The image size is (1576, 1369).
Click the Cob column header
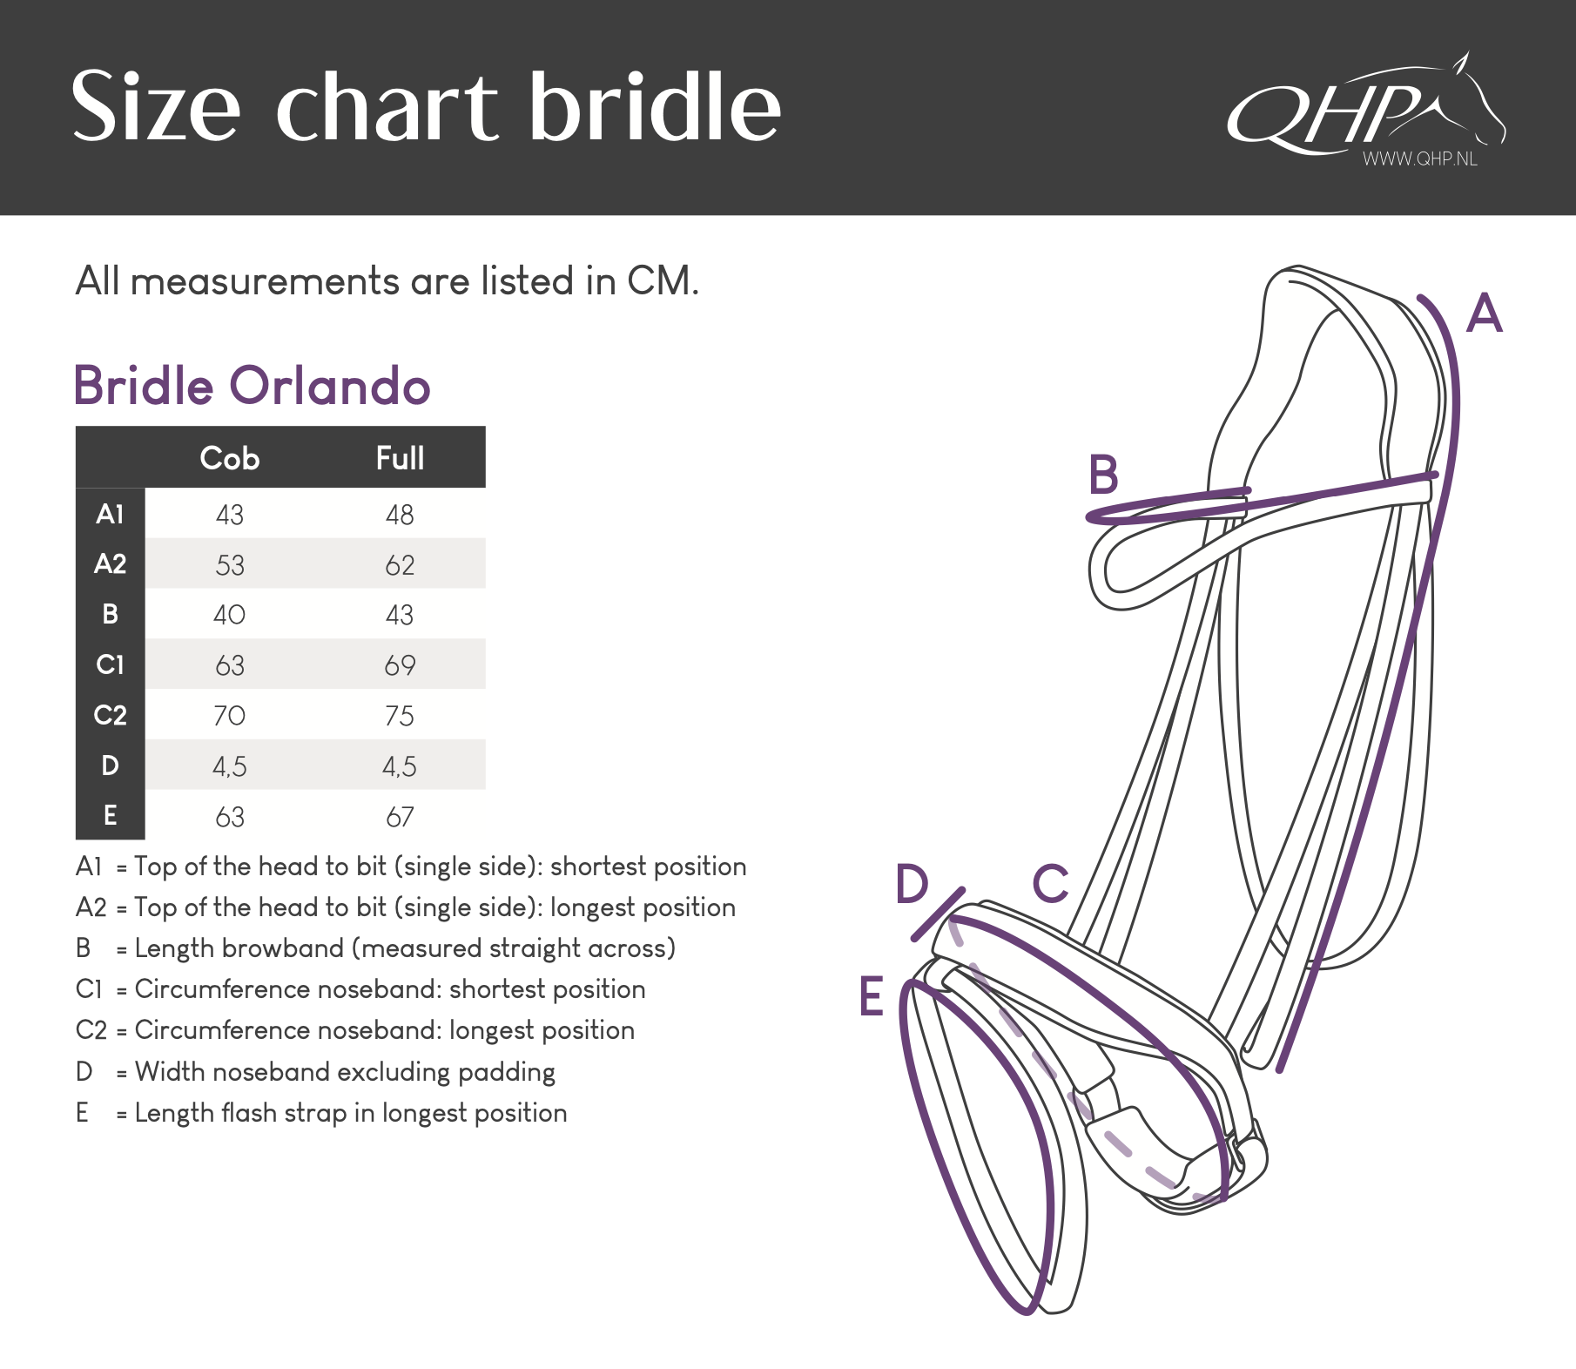[230, 458]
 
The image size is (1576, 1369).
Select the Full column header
[400, 458]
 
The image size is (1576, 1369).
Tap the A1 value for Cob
[230, 515]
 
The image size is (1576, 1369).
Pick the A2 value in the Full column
[400, 565]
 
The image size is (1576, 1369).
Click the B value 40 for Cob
[230, 615]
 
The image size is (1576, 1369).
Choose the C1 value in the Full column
[400, 665]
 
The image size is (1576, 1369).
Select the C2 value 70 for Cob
[230, 716]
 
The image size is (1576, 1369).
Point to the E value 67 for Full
[400, 817]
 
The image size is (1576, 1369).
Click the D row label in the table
[110, 765]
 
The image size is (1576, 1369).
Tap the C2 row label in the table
[110, 715]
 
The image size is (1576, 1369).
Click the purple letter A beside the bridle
[1485, 314]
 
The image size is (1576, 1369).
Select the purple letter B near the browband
[1104, 475]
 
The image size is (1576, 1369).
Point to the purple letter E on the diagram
[871, 996]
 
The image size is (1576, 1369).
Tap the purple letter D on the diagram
[913, 884]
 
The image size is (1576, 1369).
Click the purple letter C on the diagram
[1051, 884]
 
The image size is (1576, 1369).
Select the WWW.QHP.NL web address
[1420, 158]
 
